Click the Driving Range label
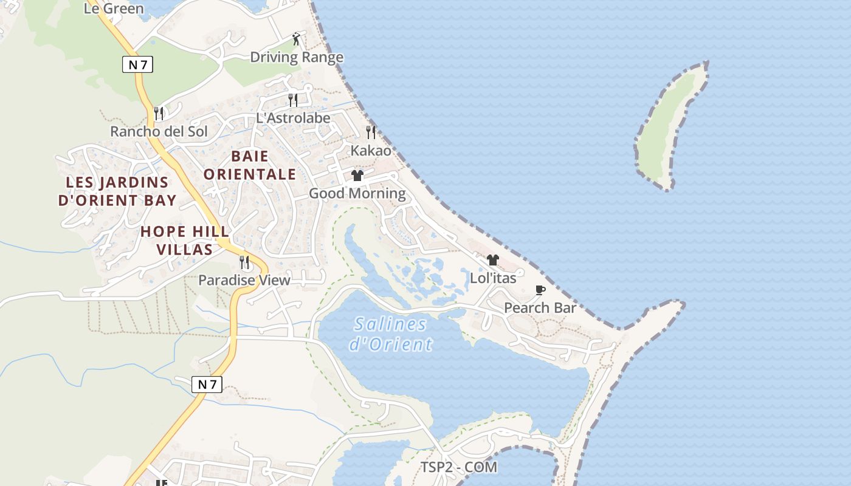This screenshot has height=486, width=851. click(297, 57)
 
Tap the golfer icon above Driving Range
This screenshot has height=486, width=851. click(296, 39)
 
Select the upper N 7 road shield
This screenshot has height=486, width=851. click(137, 64)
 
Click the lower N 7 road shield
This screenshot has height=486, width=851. click(207, 384)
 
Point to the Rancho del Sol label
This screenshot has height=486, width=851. click(159, 131)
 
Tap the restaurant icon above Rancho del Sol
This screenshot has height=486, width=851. click(159, 113)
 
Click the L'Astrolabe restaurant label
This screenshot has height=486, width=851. click(293, 118)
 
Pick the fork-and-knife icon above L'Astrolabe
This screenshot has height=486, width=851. click(293, 100)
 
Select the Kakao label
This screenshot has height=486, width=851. click(371, 150)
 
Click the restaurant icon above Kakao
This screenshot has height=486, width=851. click(370, 132)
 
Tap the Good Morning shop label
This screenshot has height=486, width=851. click(357, 193)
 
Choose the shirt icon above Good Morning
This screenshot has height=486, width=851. click(357, 176)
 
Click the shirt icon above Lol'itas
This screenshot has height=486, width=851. click(492, 260)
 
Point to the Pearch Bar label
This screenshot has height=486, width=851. click(540, 308)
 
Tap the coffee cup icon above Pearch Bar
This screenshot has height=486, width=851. click(540, 290)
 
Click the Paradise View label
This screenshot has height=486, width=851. click(244, 280)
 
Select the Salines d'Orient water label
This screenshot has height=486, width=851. click(390, 334)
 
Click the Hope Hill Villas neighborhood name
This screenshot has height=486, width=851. click(185, 240)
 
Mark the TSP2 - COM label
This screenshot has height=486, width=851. click(459, 467)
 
